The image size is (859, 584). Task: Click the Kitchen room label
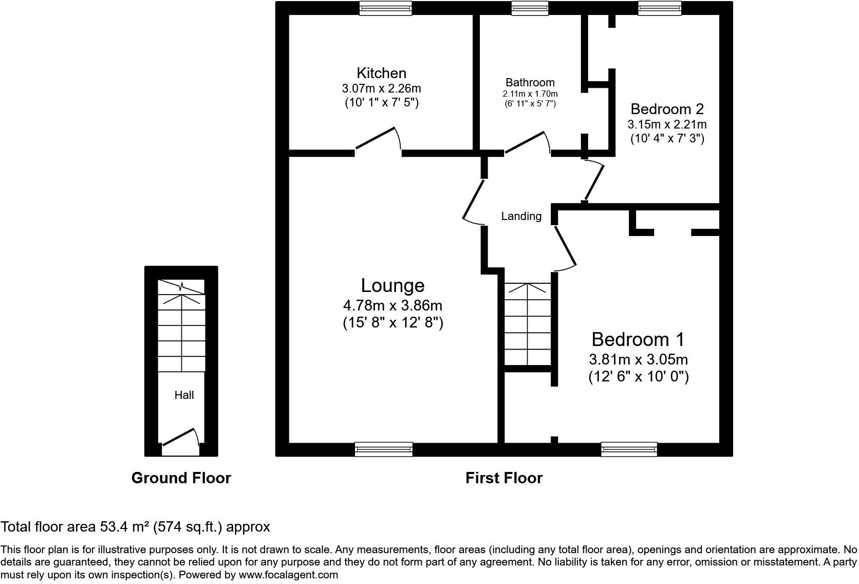point(381,73)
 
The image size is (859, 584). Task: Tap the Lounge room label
point(393,285)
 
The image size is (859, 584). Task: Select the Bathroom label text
point(530,82)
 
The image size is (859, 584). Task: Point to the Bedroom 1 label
point(638,340)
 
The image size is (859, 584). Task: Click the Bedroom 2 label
point(667,109)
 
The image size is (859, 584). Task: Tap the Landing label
point(521,216)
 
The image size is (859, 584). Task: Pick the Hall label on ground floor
point(184,395)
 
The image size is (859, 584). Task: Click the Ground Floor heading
point(181,478)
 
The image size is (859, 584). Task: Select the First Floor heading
point(503,478)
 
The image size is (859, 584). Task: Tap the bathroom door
point(526,142)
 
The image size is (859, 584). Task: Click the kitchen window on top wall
point(385,8)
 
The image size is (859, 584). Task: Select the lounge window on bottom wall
point(383,449)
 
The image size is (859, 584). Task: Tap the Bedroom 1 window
point(629,449)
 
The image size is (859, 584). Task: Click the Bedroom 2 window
point(659,8)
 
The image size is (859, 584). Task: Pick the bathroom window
point(530,8)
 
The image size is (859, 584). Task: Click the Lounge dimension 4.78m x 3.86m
point(393,305)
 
